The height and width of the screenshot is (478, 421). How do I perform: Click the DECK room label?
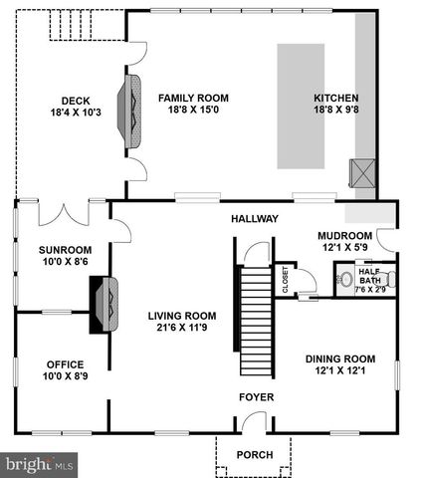coord(76,100)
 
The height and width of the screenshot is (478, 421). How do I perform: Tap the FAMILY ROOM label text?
coord(193,98)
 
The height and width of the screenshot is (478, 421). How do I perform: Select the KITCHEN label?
coord(334,98)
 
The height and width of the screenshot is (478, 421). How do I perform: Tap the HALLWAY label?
coord(255,219)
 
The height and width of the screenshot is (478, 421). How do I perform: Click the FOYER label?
coord(255,397)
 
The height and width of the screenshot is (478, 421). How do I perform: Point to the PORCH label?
coord(255,455)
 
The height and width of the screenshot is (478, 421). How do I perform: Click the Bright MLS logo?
coord(40,464)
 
